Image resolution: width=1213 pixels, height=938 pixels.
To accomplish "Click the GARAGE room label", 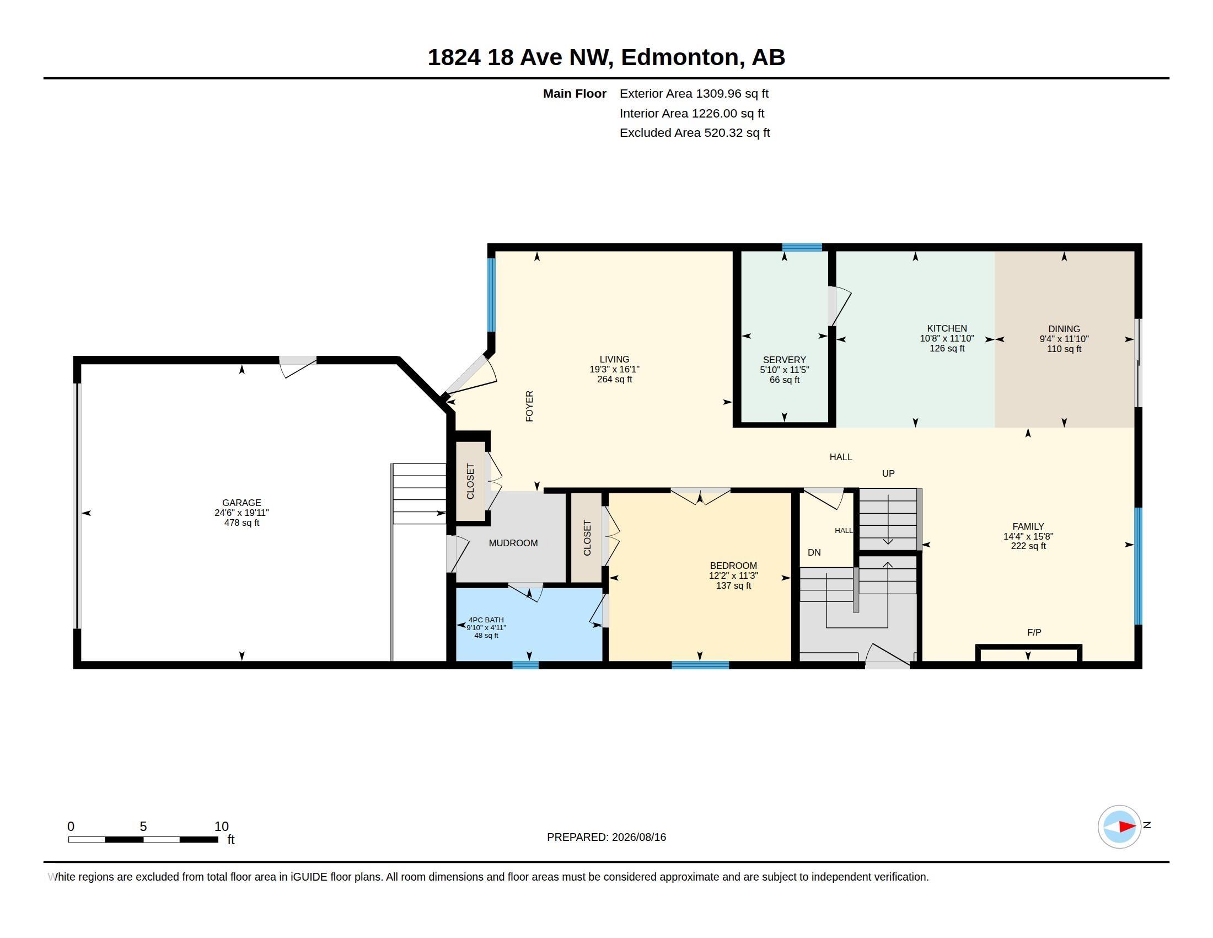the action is point(241,502).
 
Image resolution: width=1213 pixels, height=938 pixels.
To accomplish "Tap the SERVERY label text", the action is point(783,360).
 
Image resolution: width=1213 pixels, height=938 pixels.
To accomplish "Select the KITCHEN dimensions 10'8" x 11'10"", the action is point(946,338).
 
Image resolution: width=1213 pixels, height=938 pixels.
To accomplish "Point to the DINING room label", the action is point(1064,329).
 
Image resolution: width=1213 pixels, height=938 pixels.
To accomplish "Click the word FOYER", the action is point(529,406).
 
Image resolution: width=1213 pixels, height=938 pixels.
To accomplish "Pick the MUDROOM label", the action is point(513,543).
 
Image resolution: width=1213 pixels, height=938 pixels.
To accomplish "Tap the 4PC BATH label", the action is point(486,620).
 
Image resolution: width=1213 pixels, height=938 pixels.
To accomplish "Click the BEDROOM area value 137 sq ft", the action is point(733,585).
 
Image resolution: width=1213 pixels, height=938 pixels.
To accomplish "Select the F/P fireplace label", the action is point(1034,632).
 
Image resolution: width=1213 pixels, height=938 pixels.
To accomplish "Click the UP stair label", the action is point(888,473).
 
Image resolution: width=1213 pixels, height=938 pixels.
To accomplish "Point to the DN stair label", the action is point(814,552).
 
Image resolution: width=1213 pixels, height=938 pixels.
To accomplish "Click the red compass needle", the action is point(1127,827).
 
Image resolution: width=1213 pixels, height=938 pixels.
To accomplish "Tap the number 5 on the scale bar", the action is point(143,827).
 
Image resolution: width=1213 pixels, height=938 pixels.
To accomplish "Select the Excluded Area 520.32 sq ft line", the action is point(694,133).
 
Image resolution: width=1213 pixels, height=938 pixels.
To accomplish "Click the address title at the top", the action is point(606,57).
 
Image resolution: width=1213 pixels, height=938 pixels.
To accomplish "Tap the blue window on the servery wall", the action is point(802,247).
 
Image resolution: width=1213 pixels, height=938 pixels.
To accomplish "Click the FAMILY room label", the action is point(1028,526).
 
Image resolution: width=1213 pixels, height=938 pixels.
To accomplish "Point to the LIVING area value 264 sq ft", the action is point(614,380).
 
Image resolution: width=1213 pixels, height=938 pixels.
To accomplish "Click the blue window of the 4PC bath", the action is point(525,665).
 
